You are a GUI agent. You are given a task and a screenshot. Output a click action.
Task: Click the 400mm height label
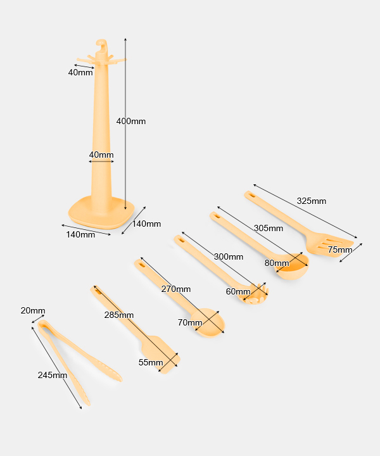(x=130, y=121)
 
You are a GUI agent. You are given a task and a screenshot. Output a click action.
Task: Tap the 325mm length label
(x=311, y=201)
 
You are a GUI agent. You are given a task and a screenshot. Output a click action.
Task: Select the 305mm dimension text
(x=269, y=228)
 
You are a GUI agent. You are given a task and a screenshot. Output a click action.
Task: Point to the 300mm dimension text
(x=228, y=256)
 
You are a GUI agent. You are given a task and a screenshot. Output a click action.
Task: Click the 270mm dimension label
(x=175, y=289)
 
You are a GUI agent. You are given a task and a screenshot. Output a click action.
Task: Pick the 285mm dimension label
(x=118, y=315)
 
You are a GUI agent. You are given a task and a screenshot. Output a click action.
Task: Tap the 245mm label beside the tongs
(x=52, y=375)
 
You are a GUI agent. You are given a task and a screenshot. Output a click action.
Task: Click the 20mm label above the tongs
(x=33, y=310)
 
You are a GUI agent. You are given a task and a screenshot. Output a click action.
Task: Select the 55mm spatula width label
(x=151, y=362)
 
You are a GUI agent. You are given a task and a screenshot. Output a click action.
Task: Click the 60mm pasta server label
(x=238, y=292)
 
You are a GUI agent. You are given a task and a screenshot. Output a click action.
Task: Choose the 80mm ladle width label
(x=277, y=263)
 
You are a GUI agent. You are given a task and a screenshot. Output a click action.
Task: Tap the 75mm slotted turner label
(x=339, y=250)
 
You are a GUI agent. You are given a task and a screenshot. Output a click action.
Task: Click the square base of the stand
(x=98, y=212)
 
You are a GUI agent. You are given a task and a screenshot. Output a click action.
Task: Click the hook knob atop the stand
(x=102, y=46)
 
